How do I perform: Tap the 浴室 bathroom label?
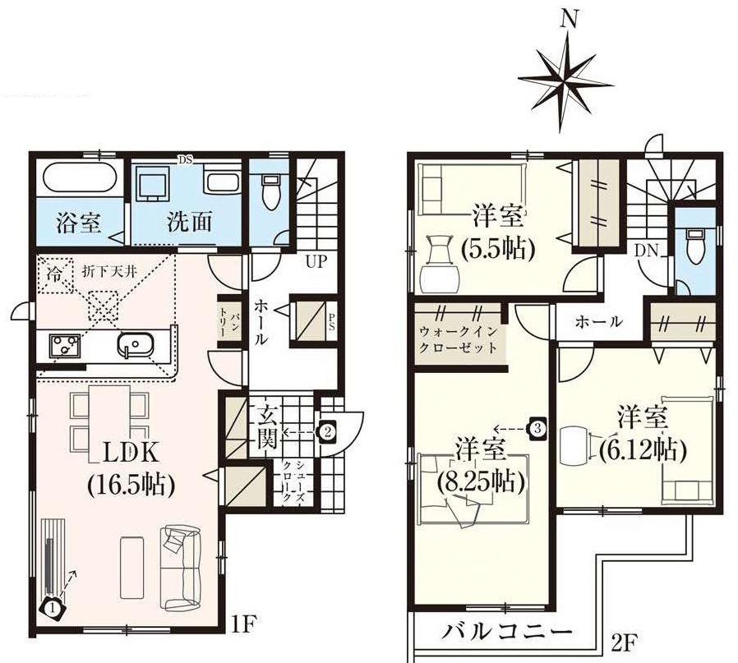(x=79, y=223)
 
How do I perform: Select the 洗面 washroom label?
(x=189, y=223)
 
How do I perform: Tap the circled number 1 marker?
(x=51, y=608)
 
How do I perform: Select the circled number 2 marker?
(x=326, y=430)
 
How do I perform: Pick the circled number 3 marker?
(x=537, y=428)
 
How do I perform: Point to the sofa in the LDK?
(x=181, y=567)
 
